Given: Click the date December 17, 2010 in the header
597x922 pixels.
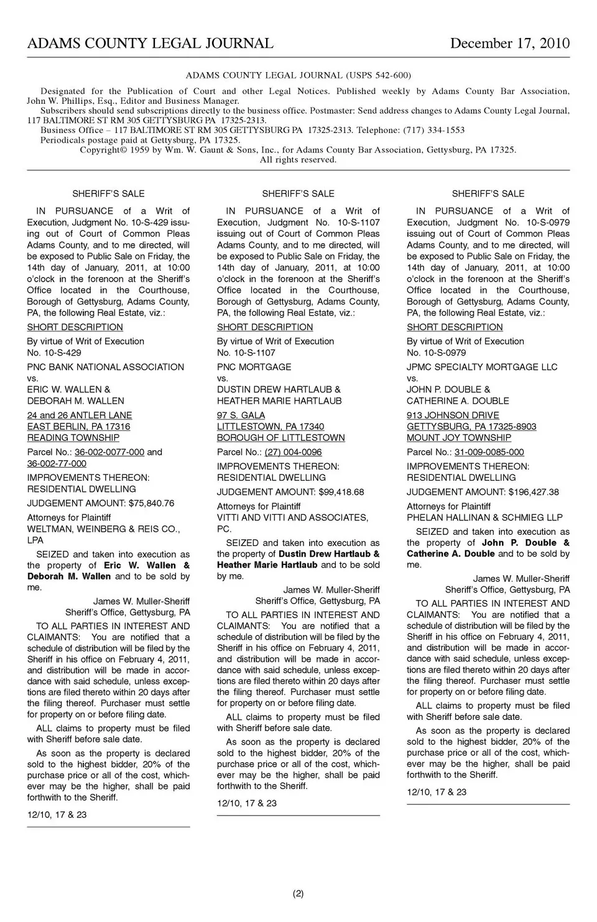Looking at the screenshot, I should click(509, 44).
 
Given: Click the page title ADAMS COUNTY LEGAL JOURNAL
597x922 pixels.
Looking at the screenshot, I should click(150, 44).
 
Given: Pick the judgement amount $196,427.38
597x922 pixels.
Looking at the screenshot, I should click(533, 492).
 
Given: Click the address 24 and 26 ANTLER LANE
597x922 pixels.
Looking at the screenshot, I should click(80, 415).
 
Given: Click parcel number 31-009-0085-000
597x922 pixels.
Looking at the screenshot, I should click(489, 452).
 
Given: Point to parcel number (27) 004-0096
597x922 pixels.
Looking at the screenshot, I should click(293, 452).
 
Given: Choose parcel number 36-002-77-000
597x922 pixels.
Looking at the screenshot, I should click(57, 463).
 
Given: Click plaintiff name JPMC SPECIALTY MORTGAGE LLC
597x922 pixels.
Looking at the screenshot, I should click(482, 367).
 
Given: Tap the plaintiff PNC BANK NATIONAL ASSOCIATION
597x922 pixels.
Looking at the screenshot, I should click(106, 367).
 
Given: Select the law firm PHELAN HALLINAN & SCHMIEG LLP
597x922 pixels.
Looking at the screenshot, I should click(484, 517).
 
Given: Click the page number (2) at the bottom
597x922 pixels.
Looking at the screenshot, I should click(298, 894).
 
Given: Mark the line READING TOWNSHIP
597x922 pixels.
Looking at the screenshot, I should click(73, 438).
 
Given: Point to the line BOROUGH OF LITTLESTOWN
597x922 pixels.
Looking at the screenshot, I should click(280, 438).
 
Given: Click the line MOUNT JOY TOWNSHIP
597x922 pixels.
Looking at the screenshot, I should click(459, 438).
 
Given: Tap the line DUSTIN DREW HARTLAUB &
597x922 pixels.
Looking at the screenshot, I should click(279, 389).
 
